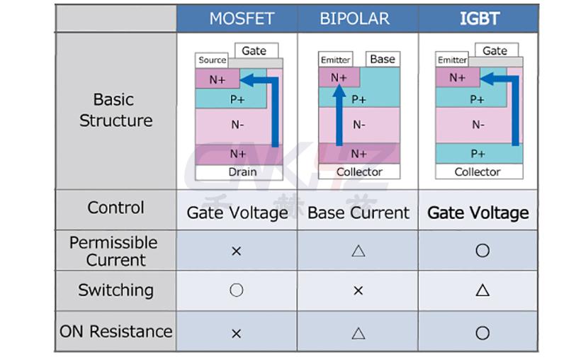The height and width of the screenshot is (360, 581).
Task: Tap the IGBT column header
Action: (x=480, y=18)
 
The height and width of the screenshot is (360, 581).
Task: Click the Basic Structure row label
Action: (x=115, y=110)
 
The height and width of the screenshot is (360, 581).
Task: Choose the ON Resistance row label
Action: (x=115, y=331)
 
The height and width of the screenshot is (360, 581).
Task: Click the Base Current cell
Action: (x=359, y=213)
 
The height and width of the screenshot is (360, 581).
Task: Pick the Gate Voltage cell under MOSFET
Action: (x=237, y=213)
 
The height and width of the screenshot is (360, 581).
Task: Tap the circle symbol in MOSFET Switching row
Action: (x=237, y=291)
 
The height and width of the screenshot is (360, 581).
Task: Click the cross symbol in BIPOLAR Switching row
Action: (x=358, y=291)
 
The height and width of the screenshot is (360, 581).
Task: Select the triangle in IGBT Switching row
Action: (x=483, y=290)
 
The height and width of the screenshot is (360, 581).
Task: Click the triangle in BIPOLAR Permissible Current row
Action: (x=358, y=250)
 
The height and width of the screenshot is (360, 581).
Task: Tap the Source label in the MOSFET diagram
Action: (x=212, y=60)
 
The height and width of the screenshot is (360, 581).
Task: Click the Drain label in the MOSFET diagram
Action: (x=242, y=171)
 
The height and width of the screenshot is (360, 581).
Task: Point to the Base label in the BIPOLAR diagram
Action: (x=382, y=59)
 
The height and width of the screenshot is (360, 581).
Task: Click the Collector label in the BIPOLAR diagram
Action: (x=359, y=171)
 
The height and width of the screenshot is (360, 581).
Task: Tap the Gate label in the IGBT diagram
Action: (x=495, y=50)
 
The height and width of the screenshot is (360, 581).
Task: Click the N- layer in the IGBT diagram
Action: (x=478, y=125)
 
